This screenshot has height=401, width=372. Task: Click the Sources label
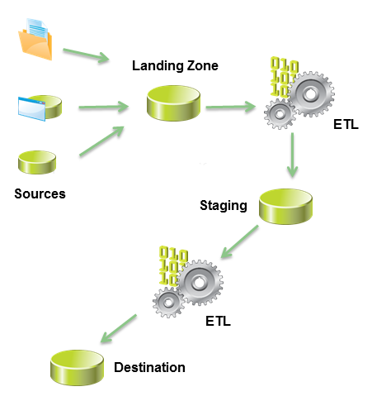(x=40, y=194)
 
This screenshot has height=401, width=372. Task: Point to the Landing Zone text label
(x=175, y=66)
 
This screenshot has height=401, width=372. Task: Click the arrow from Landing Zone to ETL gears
(x=232, y=107)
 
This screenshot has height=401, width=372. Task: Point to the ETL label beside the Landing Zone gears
(x=346, y=127)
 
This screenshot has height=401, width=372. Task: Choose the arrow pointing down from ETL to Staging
(x=291, y=158)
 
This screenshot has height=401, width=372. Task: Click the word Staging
(x=224, y=204)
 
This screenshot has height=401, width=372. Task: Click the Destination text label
(x=149, y=367)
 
